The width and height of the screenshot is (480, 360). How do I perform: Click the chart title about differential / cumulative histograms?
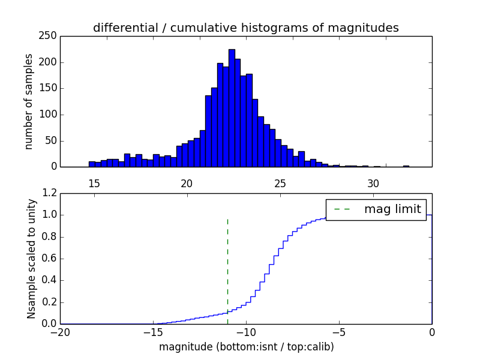click(246, 28)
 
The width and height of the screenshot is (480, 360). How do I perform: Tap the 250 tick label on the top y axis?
click(50, 36)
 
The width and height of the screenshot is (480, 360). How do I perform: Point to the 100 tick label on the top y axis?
click(50, 115)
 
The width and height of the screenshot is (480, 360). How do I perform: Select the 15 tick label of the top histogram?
click(94, 183)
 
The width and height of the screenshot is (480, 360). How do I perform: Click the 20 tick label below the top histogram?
click(187, 183)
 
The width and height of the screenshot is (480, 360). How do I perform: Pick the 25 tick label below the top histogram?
click(280, 183)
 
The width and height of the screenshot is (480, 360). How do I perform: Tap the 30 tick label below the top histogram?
click(373, 183)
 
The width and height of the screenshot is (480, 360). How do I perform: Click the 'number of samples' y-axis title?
click(28, 101)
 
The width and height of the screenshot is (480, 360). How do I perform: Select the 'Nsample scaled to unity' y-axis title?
click(31, 258)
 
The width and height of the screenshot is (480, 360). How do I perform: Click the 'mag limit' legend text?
click(392, 209)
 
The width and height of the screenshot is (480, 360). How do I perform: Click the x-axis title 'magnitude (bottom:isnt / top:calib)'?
click(246, 347)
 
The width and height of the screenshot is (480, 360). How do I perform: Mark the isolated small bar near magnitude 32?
click(406, 166)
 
